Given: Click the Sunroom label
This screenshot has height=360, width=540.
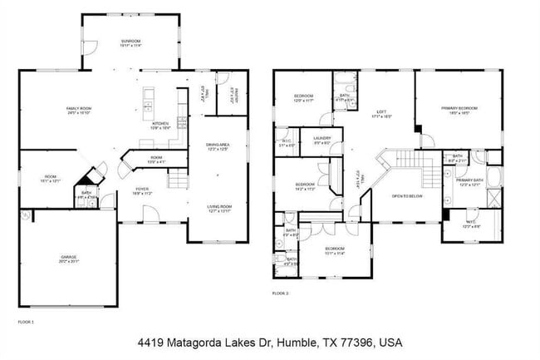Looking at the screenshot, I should [x=130, y=42].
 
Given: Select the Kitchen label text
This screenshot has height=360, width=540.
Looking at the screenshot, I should [x=160, y=124].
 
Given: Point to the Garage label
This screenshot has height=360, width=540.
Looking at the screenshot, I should [x=68, y=258].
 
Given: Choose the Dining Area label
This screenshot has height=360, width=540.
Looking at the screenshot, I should [x=218, y=146].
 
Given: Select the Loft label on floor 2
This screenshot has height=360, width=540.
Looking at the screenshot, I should [x=381, y=113].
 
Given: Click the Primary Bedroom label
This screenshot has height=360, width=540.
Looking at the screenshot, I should [x=459, y=108].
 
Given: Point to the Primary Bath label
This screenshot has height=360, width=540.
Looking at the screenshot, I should [x=469, y=180].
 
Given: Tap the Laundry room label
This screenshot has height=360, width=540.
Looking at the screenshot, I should [x=322, y=140].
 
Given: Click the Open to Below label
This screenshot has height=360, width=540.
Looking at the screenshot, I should [x=408, y=195].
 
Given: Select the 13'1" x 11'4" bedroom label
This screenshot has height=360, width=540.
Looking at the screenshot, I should [x=335, y=249].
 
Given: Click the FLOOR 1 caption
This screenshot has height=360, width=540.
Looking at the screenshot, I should [x=27, y=320].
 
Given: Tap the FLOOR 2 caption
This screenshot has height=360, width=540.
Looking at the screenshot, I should [x=282, y=293].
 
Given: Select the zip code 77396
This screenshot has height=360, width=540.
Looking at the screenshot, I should [x=358, y=343].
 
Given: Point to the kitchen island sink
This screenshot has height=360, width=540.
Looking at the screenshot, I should [x=148, y=106].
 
